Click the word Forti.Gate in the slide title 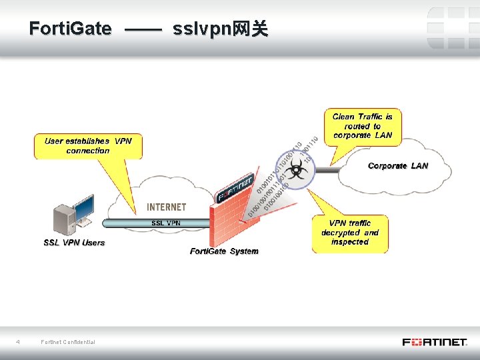coord(71,29)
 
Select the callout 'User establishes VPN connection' coord(88,146)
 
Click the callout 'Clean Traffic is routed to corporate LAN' coord(363,126)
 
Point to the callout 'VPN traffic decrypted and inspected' coord(349,233)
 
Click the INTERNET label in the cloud coord(167,207)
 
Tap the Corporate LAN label coord(398,165)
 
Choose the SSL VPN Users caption coord(74,243)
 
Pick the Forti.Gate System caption coord(224,251)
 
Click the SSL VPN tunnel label coord(165,223)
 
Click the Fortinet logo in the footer coord(434,342)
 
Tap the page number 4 coord(18,342)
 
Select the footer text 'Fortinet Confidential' coord(68,342)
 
